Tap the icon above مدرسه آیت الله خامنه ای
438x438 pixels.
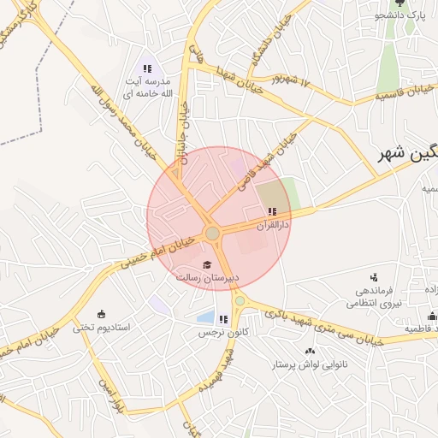[148, 68]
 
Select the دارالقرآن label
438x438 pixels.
[273, 225]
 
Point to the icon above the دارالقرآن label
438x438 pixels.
[272, 211]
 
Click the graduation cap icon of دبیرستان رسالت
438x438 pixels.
[206, 264]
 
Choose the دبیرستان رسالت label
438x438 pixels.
[207, 278]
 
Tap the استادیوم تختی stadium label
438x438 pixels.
[100, 327]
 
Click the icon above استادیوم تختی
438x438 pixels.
[102, 313]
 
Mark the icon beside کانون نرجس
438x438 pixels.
[223, 319]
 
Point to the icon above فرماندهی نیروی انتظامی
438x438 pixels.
[373, 276]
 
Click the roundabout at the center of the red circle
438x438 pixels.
[213, 234]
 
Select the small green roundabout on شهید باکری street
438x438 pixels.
[240, 300]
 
